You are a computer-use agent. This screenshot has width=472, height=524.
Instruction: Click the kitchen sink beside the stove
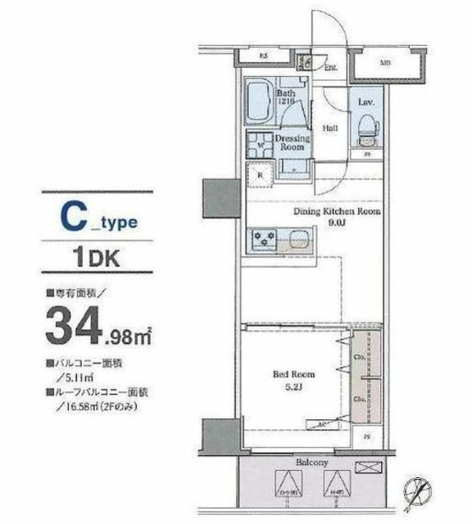[297, 239]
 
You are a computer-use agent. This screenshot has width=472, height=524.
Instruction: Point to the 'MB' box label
[385, 61]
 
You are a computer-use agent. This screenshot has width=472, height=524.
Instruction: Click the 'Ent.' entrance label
[331, 70]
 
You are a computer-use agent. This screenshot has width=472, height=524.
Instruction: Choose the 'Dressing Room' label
[293, 143]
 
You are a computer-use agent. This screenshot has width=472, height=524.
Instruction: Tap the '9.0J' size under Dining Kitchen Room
[337, 222]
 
